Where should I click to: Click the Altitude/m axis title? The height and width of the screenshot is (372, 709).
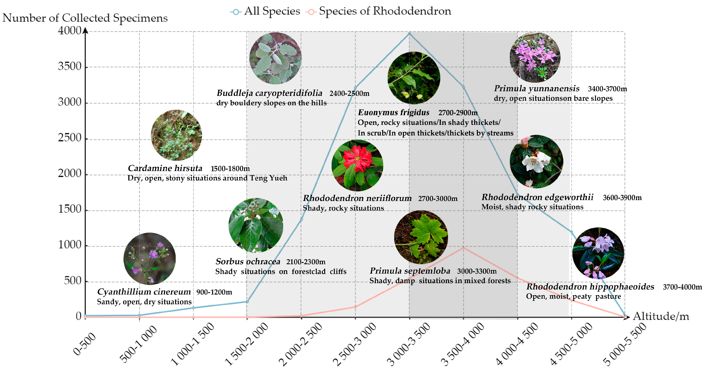(x=661, y=316)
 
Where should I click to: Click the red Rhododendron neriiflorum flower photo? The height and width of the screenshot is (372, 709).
(x=357, y=165)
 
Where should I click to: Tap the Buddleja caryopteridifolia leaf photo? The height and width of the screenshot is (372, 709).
(x=275, y=58)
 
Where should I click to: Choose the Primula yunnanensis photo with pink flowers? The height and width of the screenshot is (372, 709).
(x=535, y=57)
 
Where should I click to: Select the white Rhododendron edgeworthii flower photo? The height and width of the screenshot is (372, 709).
(x=536, y=161)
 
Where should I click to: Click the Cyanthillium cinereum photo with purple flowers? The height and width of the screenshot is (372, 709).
(x=149, y=259)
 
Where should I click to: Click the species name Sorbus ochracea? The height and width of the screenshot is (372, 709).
(x=248, y=261)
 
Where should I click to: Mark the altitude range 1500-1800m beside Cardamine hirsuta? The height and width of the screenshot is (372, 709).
(x=230, y=169)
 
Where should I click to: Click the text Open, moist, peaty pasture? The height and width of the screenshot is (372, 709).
(x=573, y=296)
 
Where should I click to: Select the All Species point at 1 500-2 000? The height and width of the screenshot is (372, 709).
(x=247, y=302)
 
